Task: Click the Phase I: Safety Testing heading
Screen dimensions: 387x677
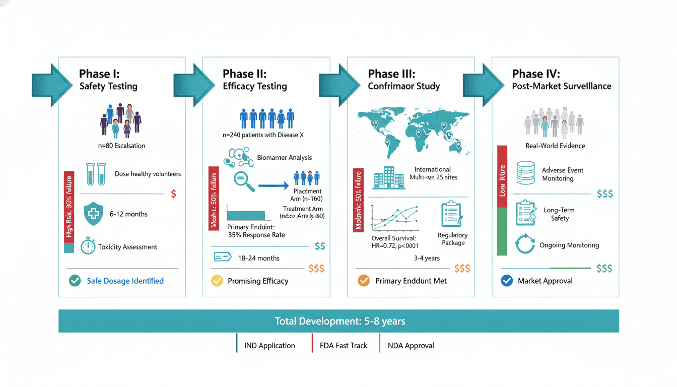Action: click(108, 80)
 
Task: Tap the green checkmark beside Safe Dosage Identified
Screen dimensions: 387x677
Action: click(75, 281)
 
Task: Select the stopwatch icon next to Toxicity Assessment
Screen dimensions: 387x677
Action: click(88, 246)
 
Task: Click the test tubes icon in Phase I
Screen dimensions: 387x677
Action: click(96, 173)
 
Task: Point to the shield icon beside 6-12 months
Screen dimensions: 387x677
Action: click(93, 214)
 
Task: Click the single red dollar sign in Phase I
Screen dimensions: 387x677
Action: click(174, 194)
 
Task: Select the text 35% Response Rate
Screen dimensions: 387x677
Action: click(256, 235)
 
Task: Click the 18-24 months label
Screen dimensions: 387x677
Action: click(258, 258)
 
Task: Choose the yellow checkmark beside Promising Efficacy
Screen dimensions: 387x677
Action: click(217, 281)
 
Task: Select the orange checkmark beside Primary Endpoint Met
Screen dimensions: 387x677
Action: click(364, 281)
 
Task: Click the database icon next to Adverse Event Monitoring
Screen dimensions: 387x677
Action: click(525, 173)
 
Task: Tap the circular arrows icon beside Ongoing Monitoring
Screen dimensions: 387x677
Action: click(525, 244)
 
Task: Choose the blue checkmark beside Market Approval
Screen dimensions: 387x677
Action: click(507, 281)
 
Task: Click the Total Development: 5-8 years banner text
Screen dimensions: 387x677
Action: click(340, 321)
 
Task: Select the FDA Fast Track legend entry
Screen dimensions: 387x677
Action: click(343, 346)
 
